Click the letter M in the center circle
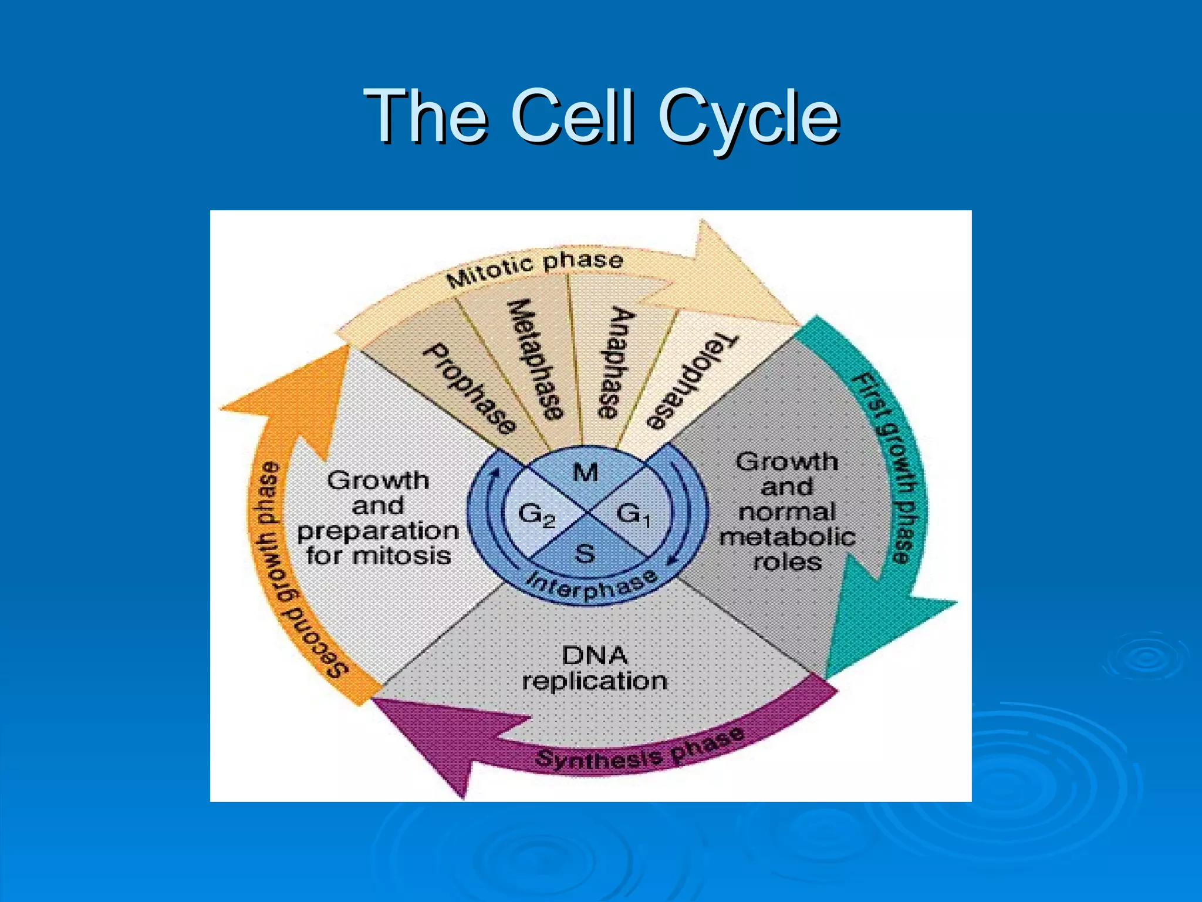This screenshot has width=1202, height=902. [585, 472]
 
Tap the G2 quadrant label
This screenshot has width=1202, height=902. [535, 516]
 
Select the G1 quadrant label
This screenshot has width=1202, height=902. [633, 516]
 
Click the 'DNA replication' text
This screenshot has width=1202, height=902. [595, 668]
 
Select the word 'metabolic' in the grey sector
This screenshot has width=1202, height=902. [787, 537]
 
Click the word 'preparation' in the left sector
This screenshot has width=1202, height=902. [377, 531]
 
